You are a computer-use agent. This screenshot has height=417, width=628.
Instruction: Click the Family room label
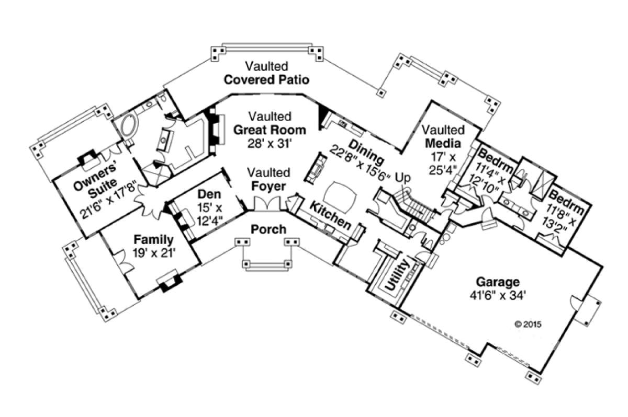[153, 240]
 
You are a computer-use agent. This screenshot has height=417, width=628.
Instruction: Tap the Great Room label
[270, 129]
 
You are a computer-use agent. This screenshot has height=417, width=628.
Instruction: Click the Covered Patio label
[266, 80]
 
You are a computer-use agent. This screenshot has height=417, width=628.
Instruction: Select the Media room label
[443, 143]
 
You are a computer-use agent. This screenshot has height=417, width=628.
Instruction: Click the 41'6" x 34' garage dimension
[497, 294]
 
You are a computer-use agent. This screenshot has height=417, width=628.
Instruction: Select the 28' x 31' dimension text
[270, 143]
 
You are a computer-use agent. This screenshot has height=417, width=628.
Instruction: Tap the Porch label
[268, 229]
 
